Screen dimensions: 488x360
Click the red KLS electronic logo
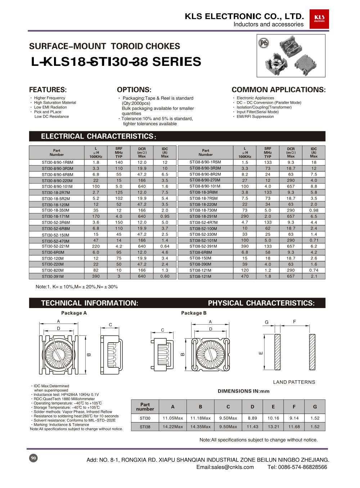point(319,19)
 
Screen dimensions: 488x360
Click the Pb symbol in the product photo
point(264,43)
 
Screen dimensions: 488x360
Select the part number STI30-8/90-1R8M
point(57,162)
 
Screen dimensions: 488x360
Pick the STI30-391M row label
point(53,276)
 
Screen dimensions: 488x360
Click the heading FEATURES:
point(48,90)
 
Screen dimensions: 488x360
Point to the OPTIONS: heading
point(134,90)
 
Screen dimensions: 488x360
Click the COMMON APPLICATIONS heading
point(278,90)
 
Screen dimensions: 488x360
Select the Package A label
point(74,313)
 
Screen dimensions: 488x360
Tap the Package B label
point(194,313)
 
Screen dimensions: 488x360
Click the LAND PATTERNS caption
point(294,382)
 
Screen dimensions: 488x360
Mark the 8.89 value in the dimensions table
point(252,418)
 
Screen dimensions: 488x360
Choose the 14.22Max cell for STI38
point(173,427)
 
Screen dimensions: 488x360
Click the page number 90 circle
point(33,458)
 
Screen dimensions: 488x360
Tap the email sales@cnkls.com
point(225,467)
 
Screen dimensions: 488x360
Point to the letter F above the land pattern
point(294,321)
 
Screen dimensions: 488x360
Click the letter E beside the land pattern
point(261,353)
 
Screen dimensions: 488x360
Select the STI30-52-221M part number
point(55,246)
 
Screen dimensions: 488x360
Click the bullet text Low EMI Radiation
point(50,107)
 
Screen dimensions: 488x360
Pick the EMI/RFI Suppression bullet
point(255,117)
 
